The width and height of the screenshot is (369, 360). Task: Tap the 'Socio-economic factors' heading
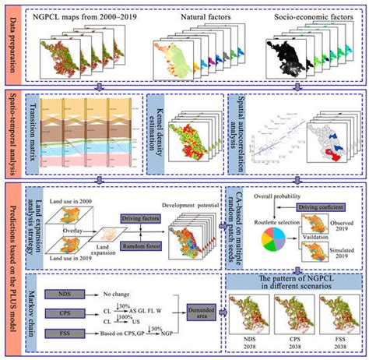pos(314,16)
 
